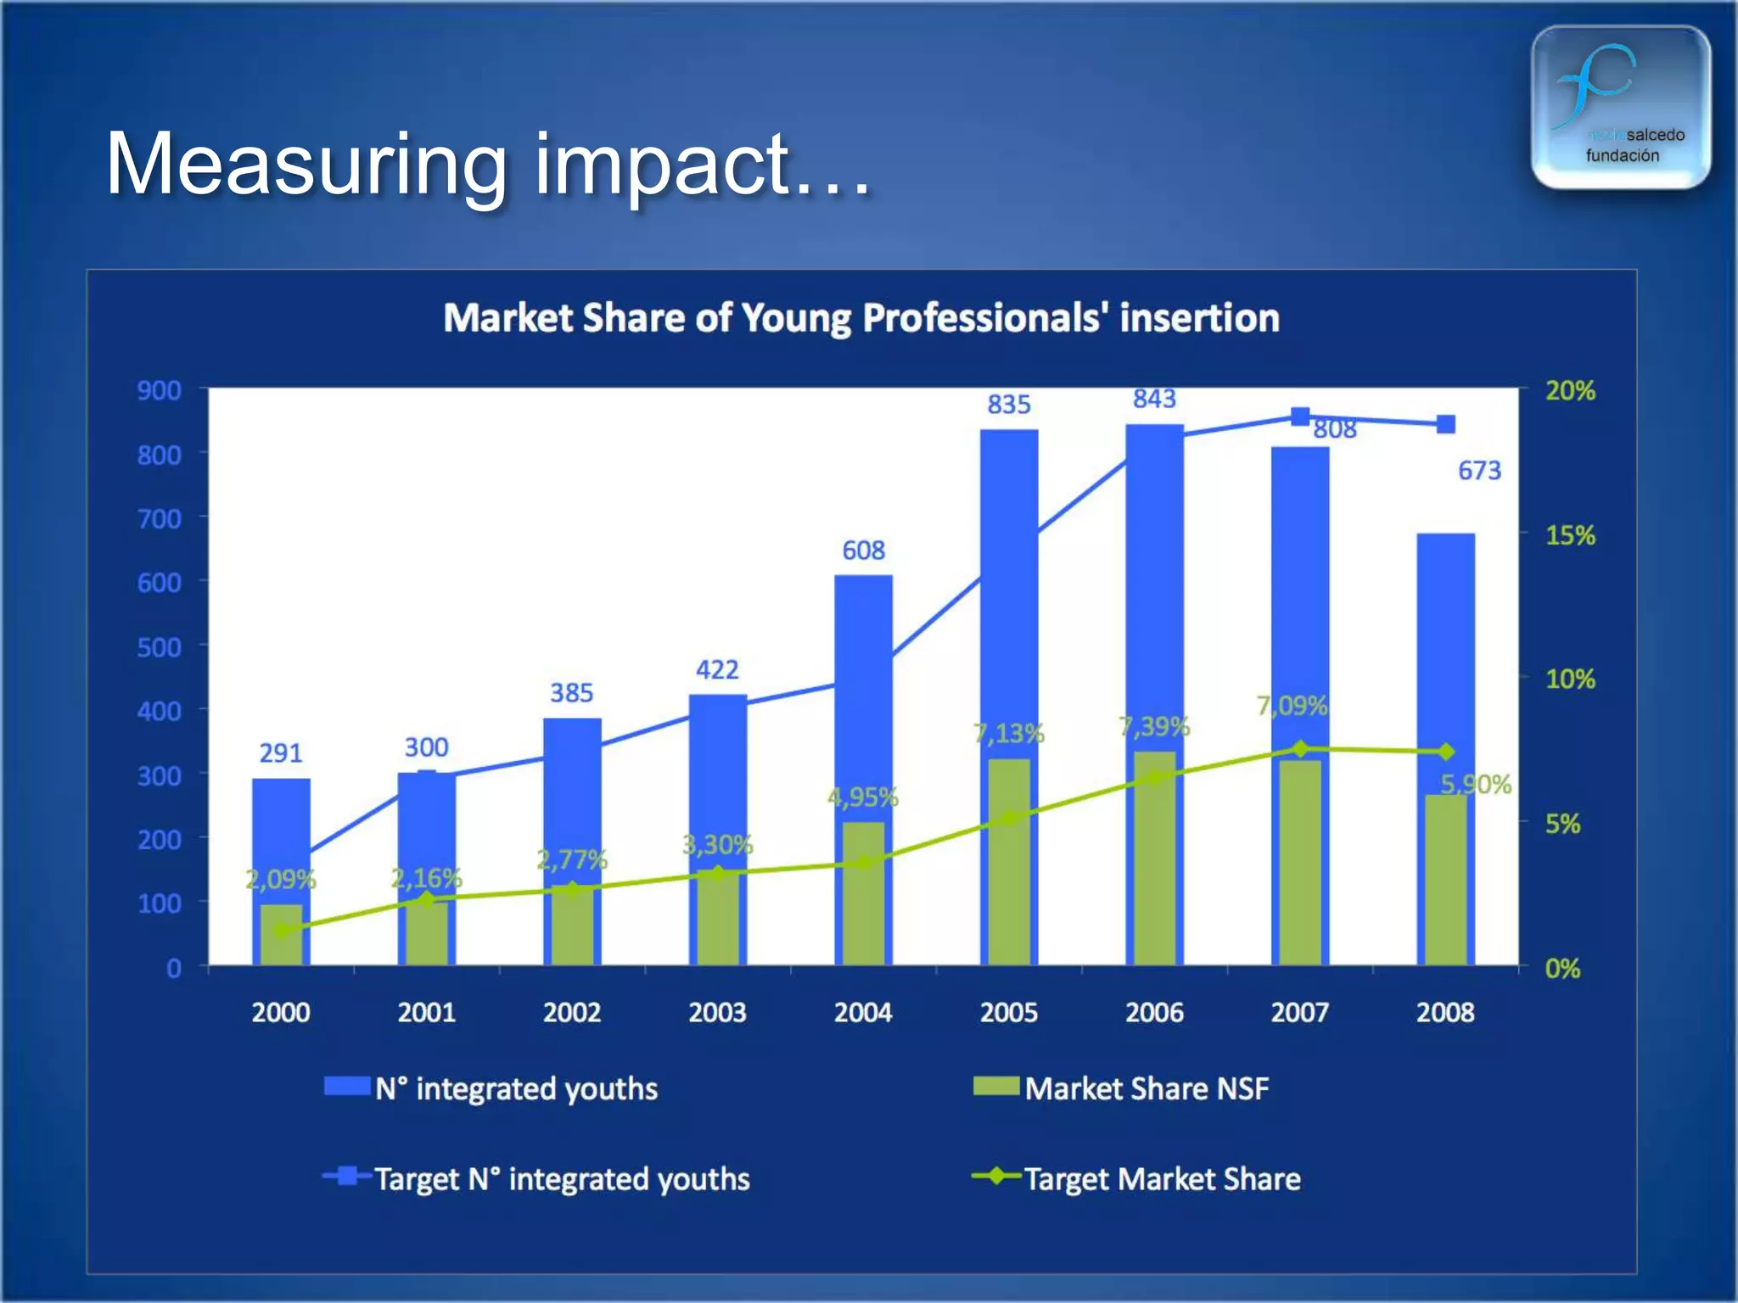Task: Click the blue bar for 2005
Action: tap(1009, 594)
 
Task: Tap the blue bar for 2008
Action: tap(1445, 662)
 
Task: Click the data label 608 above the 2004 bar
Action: tap(863, 551)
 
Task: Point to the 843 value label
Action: tap(1154, 399)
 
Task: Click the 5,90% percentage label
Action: tap(1476, 784)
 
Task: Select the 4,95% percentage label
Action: tap(862, 797)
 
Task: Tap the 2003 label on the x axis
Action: tap(717, 1012)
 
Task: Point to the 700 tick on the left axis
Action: tap(160, 518)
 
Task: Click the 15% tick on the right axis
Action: tap(1570, 535)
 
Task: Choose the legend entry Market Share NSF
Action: tap(1146, 1088)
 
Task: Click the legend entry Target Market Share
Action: tap(1162, 1179)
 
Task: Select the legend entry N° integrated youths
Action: tap(516, 1088)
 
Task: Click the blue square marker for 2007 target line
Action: tap(1299, 416)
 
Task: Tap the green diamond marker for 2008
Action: tap(1445, 752)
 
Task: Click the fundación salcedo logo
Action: tap(1620, 107)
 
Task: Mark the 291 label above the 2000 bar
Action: tap(281, 753)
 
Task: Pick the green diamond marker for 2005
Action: tap(1009, 819)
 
